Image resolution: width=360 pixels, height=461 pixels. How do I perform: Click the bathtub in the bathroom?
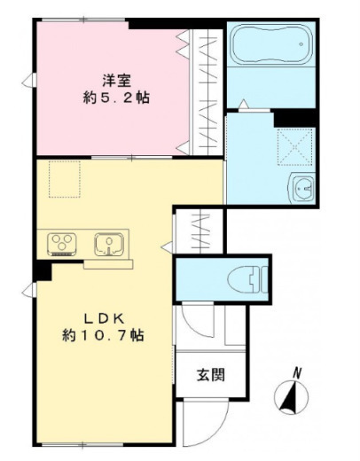pos(271,43)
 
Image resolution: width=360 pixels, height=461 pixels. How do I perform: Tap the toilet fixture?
pos(247,279)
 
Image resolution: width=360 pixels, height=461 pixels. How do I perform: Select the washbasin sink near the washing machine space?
pos(302,188)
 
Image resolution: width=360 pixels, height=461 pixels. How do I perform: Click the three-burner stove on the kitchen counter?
pos(62,244)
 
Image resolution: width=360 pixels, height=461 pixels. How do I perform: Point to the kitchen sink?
pos(109,244)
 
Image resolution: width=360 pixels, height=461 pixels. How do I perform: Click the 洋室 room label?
pos(117,81)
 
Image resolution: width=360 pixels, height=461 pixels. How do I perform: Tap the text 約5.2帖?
pos(116,98)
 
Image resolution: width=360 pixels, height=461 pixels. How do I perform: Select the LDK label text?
pos(104,318)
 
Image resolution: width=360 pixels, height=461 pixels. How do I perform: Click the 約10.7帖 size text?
pos(103,335)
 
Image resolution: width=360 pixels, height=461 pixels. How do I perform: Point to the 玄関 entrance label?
pos(211,375)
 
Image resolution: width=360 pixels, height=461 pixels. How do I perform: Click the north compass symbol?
pos(291,397)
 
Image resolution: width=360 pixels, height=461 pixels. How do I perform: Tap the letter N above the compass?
pos(297,373)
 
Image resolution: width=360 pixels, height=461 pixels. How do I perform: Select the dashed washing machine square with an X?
pos(295,147)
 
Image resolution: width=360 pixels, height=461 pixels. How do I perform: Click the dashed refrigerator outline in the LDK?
pos(65,179)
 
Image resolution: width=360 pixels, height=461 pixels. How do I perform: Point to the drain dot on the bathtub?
pos(301,44)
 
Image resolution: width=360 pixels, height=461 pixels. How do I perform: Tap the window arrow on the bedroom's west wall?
pos(29,81)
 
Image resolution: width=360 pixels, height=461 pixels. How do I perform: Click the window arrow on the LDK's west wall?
pos(29,290)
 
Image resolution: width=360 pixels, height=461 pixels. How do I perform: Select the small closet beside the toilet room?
pos(200,231)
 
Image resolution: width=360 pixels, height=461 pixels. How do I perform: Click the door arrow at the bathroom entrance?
pos(243,105)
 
